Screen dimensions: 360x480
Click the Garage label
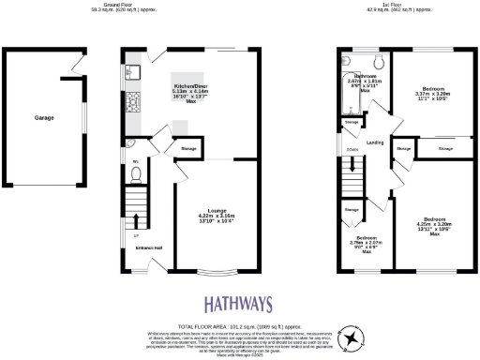(44, 118)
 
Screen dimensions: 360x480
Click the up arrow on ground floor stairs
(137, 223)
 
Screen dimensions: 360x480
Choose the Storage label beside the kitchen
(187, 147)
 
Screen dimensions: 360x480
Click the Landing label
(375, 142)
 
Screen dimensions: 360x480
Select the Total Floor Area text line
(240, 323)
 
